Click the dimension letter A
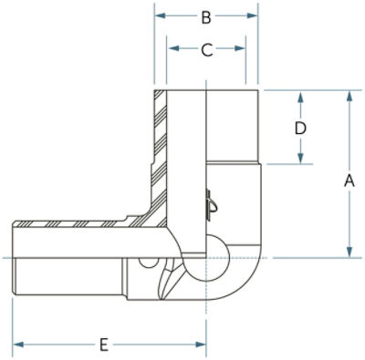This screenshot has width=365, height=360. [349, 181]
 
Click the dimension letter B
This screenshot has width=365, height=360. [206, 17]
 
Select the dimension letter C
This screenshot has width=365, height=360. [207, 49]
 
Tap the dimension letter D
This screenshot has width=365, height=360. [300, 129]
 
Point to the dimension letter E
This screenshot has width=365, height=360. [104, 345]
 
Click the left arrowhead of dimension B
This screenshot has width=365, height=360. [160, 15]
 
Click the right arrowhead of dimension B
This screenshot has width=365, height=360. [252, 15]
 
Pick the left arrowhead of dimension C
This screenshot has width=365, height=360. [174, 48]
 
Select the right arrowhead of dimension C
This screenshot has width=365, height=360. [240, 48]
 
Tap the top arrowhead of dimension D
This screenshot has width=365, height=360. [300, 98]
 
